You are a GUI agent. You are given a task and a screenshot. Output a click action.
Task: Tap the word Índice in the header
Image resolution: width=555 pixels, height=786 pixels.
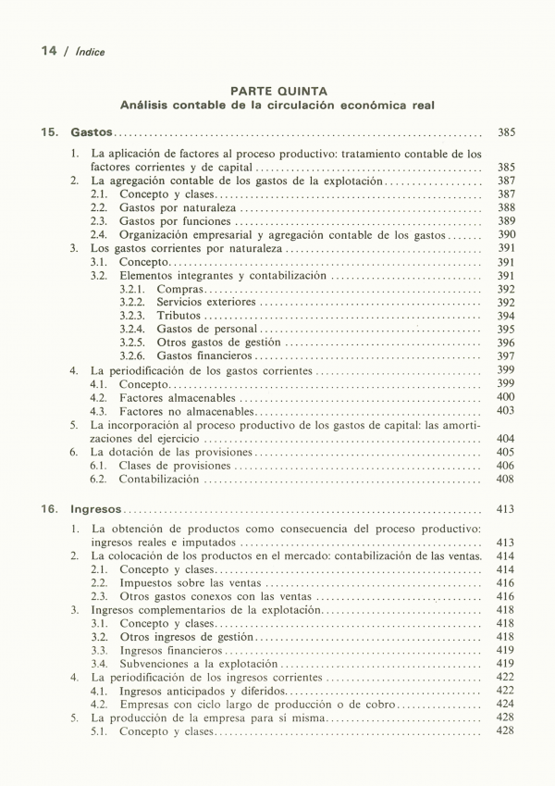coord(91,52)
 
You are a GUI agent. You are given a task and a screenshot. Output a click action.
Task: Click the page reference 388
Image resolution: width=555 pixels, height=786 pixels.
coord(505,208)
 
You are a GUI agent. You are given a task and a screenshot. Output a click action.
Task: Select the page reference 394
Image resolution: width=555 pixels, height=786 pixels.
coord(505,316)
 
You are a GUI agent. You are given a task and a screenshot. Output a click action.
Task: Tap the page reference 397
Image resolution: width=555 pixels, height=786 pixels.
coord(505,356)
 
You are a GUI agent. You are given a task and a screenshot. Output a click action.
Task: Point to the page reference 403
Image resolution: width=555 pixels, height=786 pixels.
coord(505,410)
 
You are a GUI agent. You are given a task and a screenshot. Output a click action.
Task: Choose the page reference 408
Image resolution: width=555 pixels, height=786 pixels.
coord(505,480)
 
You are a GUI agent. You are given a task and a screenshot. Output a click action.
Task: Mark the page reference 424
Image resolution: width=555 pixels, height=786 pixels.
coord(505,704)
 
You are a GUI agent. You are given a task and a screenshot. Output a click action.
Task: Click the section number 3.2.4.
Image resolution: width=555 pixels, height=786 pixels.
coord(133,329)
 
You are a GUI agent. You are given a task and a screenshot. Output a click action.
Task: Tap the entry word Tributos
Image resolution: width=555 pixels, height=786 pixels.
coord(179,316)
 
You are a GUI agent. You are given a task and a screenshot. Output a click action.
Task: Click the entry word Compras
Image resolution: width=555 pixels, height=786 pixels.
coord(179,290)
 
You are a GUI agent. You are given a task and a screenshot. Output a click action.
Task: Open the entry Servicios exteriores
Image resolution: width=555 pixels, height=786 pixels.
coord(206,303)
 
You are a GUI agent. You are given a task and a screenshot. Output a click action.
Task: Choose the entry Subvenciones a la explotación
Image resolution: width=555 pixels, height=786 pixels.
coord(198,664)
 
